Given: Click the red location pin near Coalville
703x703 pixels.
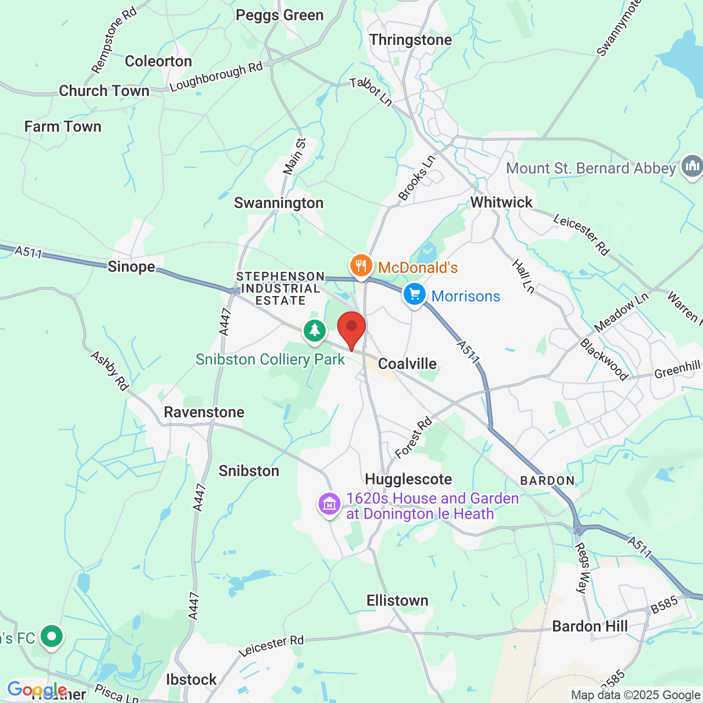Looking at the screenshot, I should pyautogui.click(x=351, y=328).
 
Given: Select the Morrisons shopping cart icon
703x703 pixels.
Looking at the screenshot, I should pyautogui.click(x=415, y=295).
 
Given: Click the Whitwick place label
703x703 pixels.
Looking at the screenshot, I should pyautogui.click(x=501, y=202).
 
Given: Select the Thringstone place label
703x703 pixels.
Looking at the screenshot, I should pyautogui.click(x=410, y=40).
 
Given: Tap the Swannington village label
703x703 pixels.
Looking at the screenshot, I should pyautogui.click(x=278, y=203).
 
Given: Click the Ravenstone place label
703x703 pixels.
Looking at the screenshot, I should pyautogui.click(x=204, y=412).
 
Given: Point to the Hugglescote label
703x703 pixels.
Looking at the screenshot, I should pyautogui.click(x=408, y=479).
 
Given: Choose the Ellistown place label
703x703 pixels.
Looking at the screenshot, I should pyautogui.click(x=397, y=600).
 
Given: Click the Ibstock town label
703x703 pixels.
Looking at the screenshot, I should pyautogui.click(x=191, y=679).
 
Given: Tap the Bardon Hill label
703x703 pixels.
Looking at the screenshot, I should pyautogui.click(x=589, y=626).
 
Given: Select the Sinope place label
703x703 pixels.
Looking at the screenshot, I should pyautogui.click(x=131, y=266).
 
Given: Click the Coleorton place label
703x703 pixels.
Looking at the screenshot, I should pyautogui.click(x=158, y=61).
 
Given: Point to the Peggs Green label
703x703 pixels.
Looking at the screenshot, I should pyautogui.click(x=280, y=15).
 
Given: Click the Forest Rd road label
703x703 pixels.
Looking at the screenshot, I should pyautogui.click(x=414, y=437).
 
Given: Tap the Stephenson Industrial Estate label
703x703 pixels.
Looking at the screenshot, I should pyautogui.click(x=280, y=288).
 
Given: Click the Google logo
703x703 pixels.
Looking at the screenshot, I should pyautogui.click(x=36, y=689).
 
